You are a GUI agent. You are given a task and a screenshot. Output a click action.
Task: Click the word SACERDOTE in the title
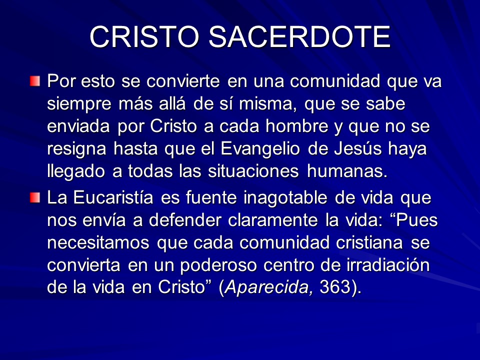pos(299,36)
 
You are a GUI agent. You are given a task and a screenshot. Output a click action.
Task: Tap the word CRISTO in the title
pos(144,36)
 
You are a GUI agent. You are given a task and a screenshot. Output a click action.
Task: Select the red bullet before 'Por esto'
pos(35,81)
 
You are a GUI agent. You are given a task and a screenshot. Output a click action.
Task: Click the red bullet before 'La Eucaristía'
pos(35,197)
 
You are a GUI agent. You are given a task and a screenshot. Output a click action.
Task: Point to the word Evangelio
pos(260,149)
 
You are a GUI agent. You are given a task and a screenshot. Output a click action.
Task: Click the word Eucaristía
pos(113,197)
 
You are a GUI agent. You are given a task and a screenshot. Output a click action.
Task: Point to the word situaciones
pos(253,171)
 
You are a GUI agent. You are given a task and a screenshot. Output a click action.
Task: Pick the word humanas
pos(347,171)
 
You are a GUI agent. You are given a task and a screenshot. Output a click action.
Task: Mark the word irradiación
pos(388,264)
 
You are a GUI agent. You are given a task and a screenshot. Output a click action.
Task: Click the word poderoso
pos(218,265)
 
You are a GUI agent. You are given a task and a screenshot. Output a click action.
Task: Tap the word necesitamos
pos(98,243)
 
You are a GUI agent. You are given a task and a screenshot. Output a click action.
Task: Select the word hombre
pos(296,126)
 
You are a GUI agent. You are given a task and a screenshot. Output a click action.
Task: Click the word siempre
pos(79,104)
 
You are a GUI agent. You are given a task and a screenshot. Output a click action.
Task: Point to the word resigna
pos(76,149)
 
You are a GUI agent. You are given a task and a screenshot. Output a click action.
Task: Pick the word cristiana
pos(369,242)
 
